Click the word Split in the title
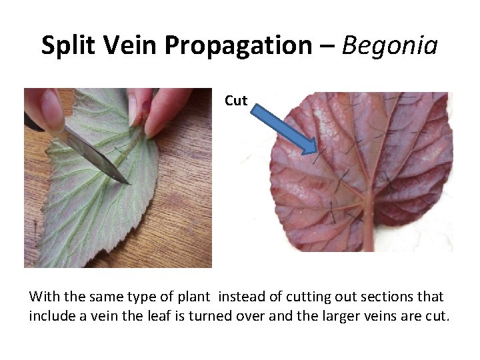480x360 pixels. pos(67,45)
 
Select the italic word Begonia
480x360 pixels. pos(391,45)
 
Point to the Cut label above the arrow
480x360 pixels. pos(236,101)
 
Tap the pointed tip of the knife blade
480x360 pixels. pos(127,181)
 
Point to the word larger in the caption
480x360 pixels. pos(328,315)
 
